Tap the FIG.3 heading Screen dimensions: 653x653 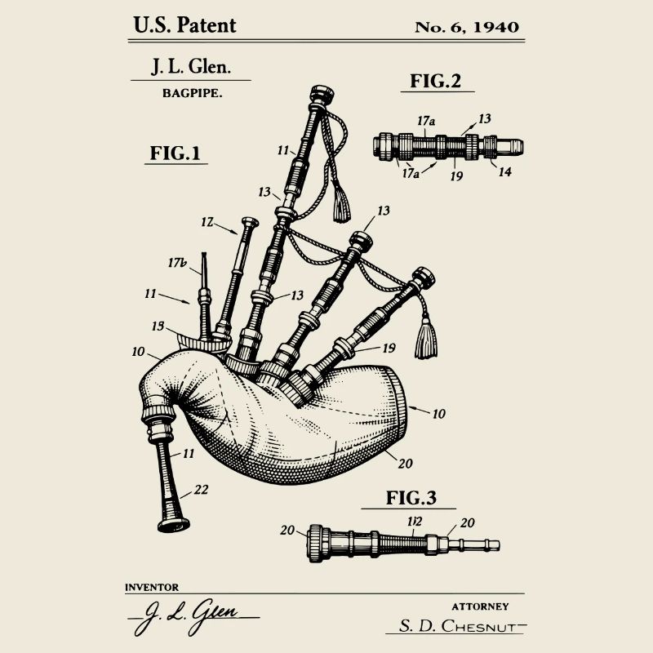[x=412, y=498]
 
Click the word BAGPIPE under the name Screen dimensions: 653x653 [x=193, y=94]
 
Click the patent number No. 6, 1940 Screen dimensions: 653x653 [x=466, y=26]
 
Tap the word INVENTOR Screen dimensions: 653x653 [x=152, y=587]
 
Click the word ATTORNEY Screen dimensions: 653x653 [x=480, y=606]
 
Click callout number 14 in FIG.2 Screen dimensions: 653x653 [x=505, y=172]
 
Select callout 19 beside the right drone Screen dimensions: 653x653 [x=389, y=348]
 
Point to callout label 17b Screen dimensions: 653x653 [x=178, y=263]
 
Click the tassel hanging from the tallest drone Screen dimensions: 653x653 [x=340, y=205]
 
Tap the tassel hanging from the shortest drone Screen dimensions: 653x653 [x=426, y=340]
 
